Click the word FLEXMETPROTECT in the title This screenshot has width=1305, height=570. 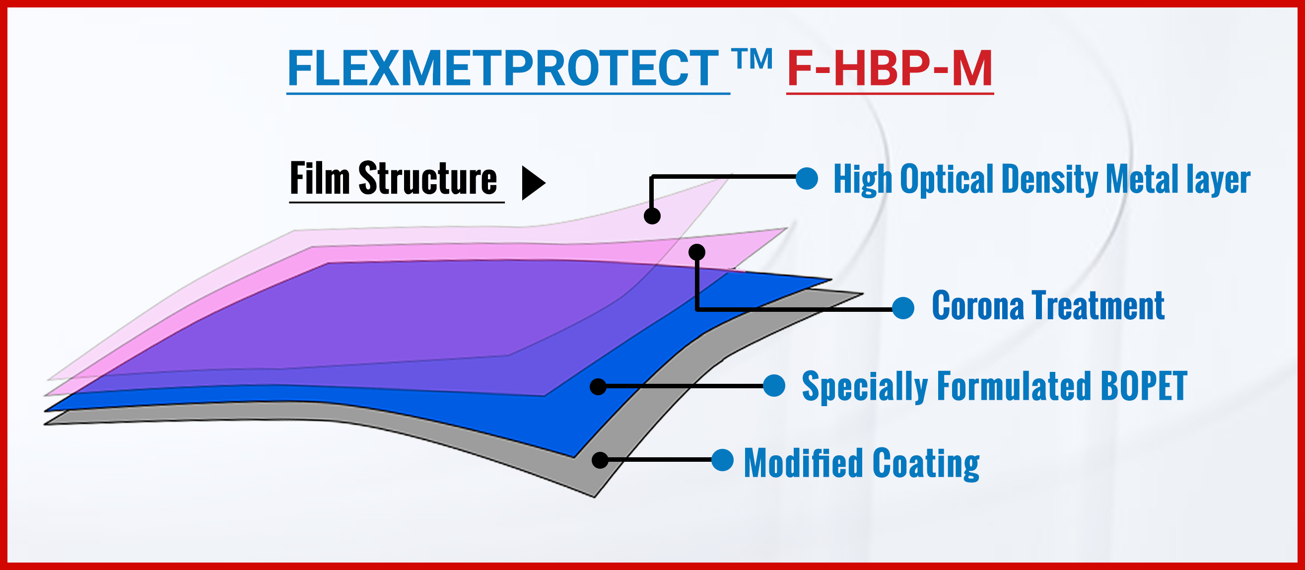click(502, 69)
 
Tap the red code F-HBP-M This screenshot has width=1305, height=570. click(890, 69)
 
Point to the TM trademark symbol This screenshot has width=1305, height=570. click(753, 59)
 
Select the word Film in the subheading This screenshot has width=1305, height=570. click(320, 178)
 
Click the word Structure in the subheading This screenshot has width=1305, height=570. click(427, 178)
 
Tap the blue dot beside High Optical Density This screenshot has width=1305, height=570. click(807, 178)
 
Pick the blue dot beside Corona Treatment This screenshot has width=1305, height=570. click(903, 308)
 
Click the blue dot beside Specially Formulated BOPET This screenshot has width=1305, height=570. click(774, 386)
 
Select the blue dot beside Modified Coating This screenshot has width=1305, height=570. click(722, 460)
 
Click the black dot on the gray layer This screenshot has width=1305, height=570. click(600, 460)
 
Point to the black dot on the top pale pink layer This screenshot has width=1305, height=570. click(652, 216)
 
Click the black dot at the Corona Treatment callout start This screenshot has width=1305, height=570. click(697, 252)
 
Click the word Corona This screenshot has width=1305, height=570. click(978, 305)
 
